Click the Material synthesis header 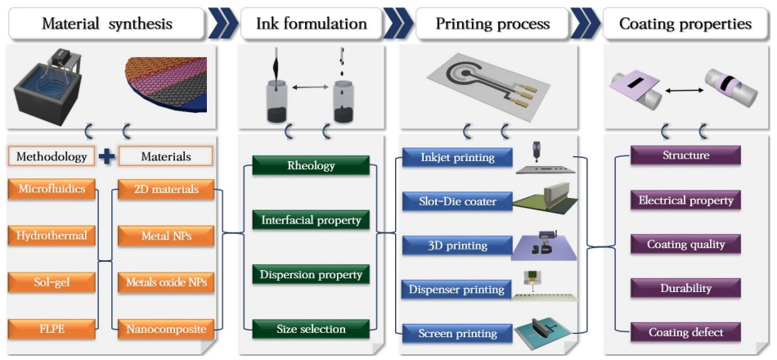pos(107,24)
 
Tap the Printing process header pos(494,24)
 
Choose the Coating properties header pos(685,24)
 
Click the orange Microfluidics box pos(50,190)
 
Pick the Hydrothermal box pos(50,236)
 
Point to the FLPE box pos(50,330)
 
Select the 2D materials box pos(166,190)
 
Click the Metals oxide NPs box pos(166,283)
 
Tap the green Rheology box pos(310,165)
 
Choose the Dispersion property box pos(310,275)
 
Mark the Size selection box pos(310,329)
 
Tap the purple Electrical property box pos(685,200)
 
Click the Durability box pos(685,288)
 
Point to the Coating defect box pos(685,332)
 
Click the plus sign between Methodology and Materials pos(106,155)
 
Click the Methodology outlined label pos(50,155)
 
